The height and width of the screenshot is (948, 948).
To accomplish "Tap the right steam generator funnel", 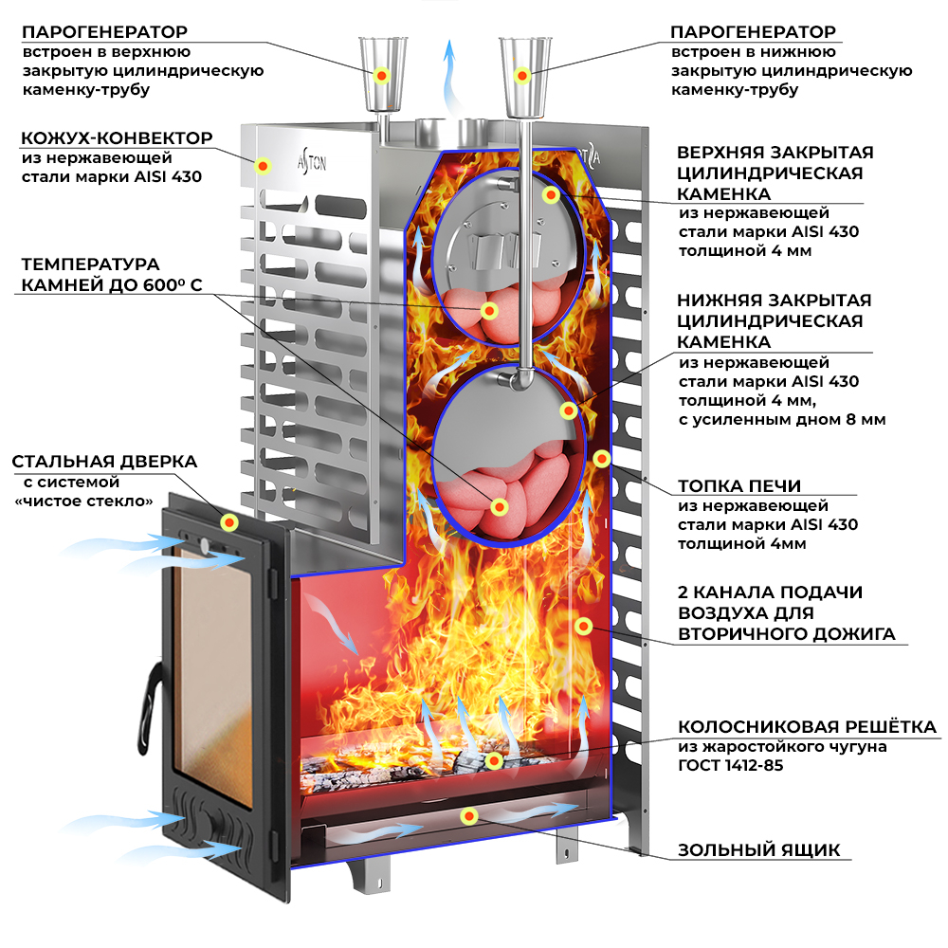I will coord(520,72).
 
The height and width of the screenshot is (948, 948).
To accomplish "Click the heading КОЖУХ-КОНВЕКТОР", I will coord(117,137).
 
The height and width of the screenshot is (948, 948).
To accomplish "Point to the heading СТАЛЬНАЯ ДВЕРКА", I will coord(104,462).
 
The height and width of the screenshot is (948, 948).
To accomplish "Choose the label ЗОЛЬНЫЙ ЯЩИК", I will coord(758,849).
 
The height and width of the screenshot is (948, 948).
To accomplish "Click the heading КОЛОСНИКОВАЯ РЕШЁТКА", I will coord(807,727).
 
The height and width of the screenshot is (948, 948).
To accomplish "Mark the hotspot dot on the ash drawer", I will coord(468,815).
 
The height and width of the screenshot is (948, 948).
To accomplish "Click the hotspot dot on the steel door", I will coord(228,521).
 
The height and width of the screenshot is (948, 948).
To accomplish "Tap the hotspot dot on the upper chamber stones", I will coord(490,310).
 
